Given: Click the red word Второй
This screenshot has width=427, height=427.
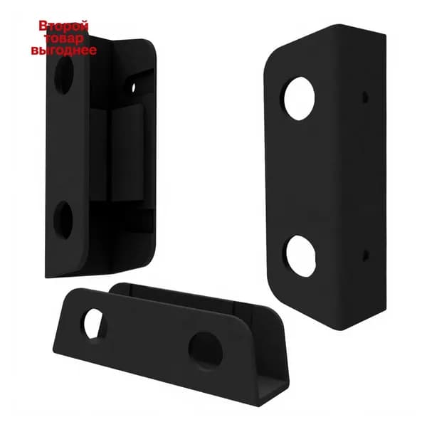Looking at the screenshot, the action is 64,26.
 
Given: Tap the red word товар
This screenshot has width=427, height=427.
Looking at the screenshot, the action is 64,38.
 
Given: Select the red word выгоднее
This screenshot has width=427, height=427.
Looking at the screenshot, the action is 64,50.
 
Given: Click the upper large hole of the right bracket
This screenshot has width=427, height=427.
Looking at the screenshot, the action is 300,99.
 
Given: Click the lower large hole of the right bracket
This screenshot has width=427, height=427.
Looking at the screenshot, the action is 301,256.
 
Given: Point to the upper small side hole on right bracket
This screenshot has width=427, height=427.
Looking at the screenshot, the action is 365,97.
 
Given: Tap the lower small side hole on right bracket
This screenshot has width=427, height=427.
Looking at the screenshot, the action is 366,255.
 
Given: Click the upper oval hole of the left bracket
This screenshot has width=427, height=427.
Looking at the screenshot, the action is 64,75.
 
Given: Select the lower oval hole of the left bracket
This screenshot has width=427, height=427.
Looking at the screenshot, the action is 63,220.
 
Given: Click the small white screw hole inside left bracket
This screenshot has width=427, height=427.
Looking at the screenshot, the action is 134,88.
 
